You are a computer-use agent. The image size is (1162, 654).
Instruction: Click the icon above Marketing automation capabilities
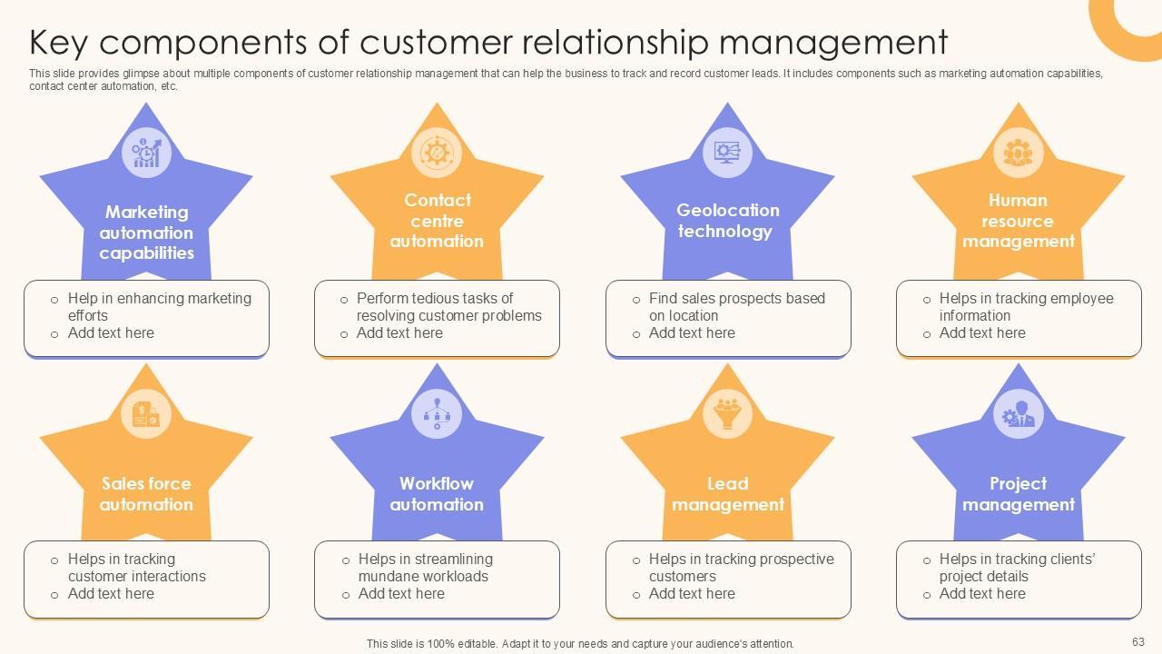coord(146,152)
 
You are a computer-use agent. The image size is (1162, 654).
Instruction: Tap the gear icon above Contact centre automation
coord(437,152)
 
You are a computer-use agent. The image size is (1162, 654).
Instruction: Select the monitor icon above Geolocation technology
coord(727,152)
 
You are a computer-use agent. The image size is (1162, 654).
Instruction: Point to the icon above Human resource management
coord(1018,152)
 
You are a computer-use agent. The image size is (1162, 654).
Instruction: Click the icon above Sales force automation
coord(146,414)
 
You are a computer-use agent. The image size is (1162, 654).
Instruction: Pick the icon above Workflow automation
coord(437,414)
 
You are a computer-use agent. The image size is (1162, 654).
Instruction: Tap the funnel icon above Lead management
coord(727,414)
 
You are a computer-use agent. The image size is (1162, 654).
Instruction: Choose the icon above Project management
coord(1018,414)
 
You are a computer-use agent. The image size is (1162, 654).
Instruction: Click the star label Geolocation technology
coord(727,221)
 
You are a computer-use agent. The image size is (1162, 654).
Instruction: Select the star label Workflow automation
coord(437,494)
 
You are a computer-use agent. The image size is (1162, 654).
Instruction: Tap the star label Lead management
coord(727,494)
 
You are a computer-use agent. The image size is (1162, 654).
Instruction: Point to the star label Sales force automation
coord(146,494)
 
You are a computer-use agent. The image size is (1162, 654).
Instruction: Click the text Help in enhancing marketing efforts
coord(159,307)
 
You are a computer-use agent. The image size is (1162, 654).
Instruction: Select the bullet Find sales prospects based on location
coord(736,307)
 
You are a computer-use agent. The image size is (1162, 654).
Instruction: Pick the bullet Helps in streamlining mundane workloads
coord(425,568)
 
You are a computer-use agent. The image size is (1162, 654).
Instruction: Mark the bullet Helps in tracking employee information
coord(1026,307)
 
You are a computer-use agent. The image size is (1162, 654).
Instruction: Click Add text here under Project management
coord(982,594)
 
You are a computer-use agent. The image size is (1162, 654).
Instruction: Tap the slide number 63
coord(1138,640)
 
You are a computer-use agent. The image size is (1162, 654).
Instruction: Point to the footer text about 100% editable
coord(580,644)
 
